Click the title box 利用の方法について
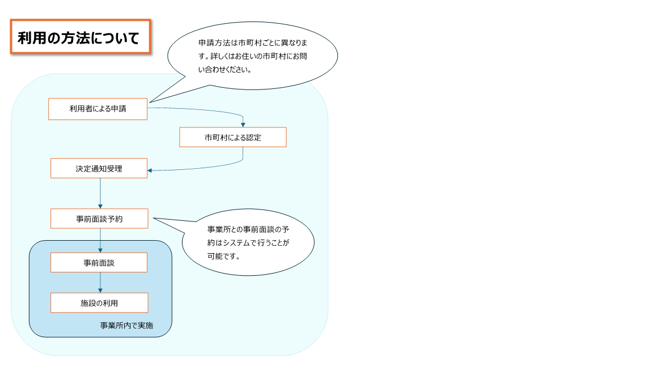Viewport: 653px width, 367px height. pos(80,37)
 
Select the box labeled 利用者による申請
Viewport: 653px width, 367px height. pos(97,109)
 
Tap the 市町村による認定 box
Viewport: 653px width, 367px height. pos(232,137)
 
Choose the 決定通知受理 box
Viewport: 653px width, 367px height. pos(99,168)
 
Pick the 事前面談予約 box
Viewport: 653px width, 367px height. pos(99,219)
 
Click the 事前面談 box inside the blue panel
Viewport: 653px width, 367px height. pos(99,262)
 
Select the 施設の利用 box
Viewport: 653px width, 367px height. pos(99,302)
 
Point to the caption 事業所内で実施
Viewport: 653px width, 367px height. pos(126,326)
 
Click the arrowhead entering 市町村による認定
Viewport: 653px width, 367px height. pos(243,124)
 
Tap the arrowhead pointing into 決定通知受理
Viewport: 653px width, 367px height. pos(150,170)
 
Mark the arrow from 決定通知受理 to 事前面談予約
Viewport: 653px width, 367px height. pos(100,193)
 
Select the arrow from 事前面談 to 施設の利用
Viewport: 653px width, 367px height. pos(100,282)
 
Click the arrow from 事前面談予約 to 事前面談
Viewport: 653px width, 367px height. pos(100,240)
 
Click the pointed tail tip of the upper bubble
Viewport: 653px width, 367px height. pos(149,103)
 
